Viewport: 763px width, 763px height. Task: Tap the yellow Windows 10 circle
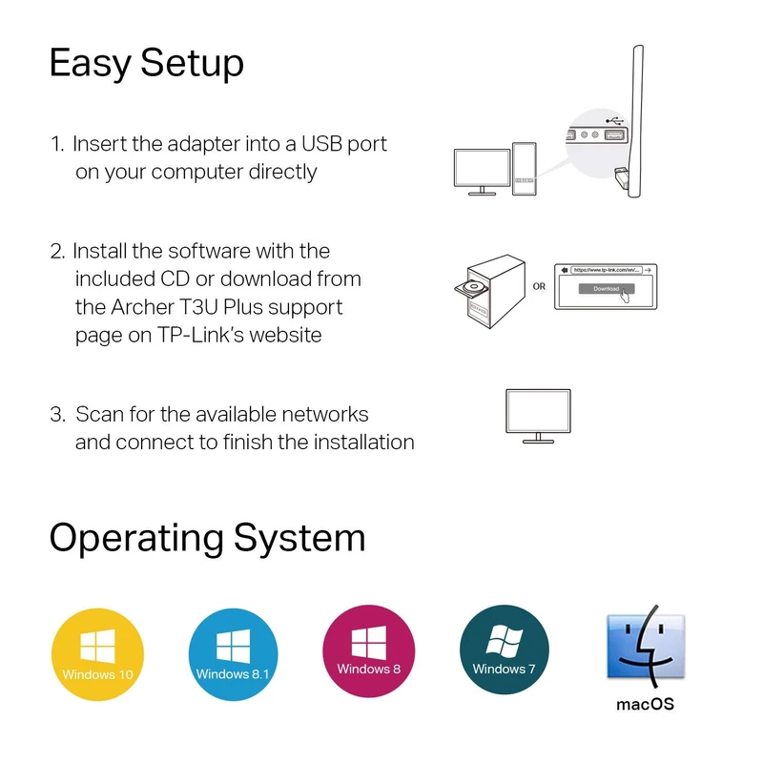pos(97,657)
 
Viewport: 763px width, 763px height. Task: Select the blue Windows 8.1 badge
pos(233,657)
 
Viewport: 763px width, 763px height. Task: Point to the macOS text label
pos(646,705)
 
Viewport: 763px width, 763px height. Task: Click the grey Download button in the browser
pos(607,289)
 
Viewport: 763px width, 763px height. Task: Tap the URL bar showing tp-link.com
pos(608,270)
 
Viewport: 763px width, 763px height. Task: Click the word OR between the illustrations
pos(540,285)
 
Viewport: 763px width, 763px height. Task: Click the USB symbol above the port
pos(615,122)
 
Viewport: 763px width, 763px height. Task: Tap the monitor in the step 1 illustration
pos(482,169)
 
